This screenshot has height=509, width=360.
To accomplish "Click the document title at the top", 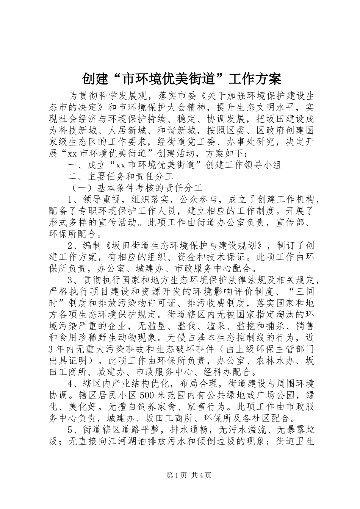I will point(182,79).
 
